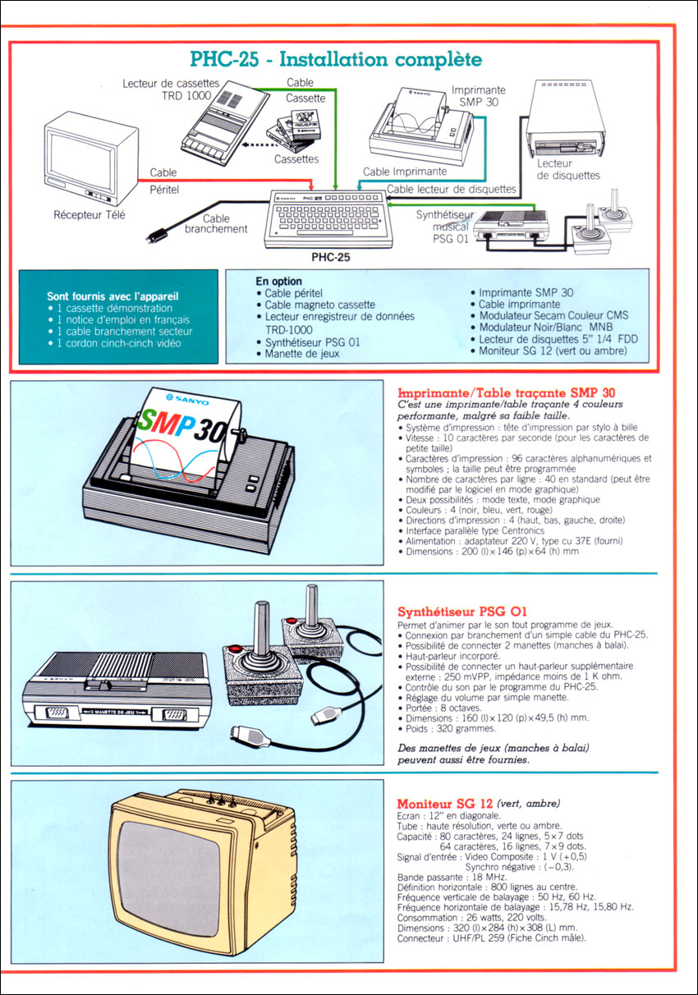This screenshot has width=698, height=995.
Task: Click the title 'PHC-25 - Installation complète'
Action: click(336, 60)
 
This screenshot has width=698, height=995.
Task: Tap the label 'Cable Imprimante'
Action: click(405, 172)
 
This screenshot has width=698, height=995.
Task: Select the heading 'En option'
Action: click(278, 282)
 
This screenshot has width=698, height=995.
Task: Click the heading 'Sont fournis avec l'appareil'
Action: click(113, 296)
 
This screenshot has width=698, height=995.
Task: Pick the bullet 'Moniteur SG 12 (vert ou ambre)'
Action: click(549, 351)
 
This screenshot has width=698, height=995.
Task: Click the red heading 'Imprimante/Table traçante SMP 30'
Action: click(506, 392)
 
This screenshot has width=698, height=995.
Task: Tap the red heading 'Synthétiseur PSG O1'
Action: click(462, 612)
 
